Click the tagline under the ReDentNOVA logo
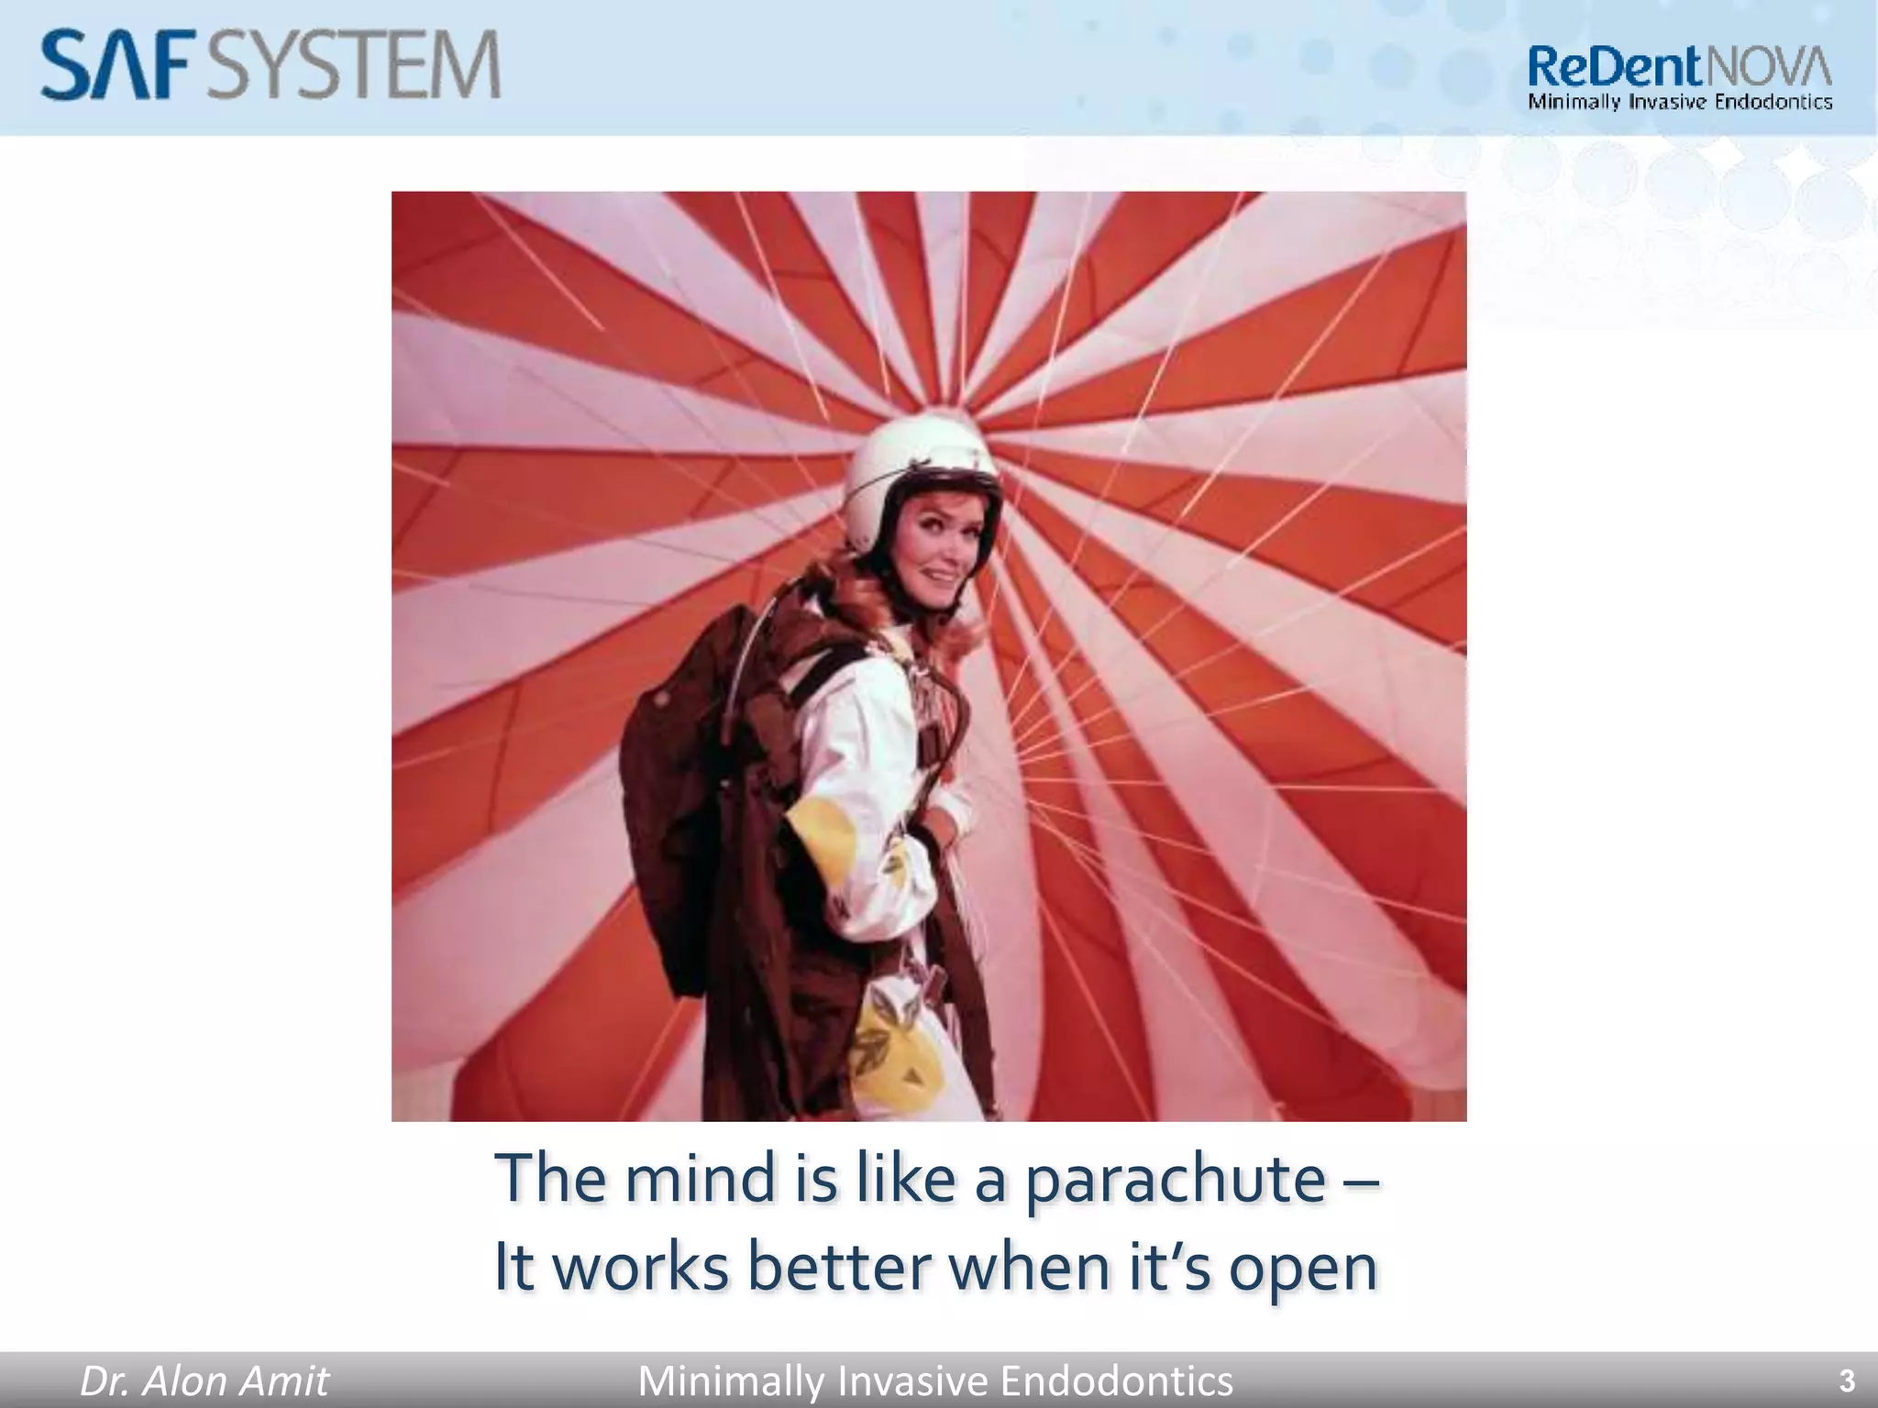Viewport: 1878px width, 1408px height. pos(1680,102)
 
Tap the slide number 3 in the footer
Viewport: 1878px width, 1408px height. pos(1847,1380)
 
